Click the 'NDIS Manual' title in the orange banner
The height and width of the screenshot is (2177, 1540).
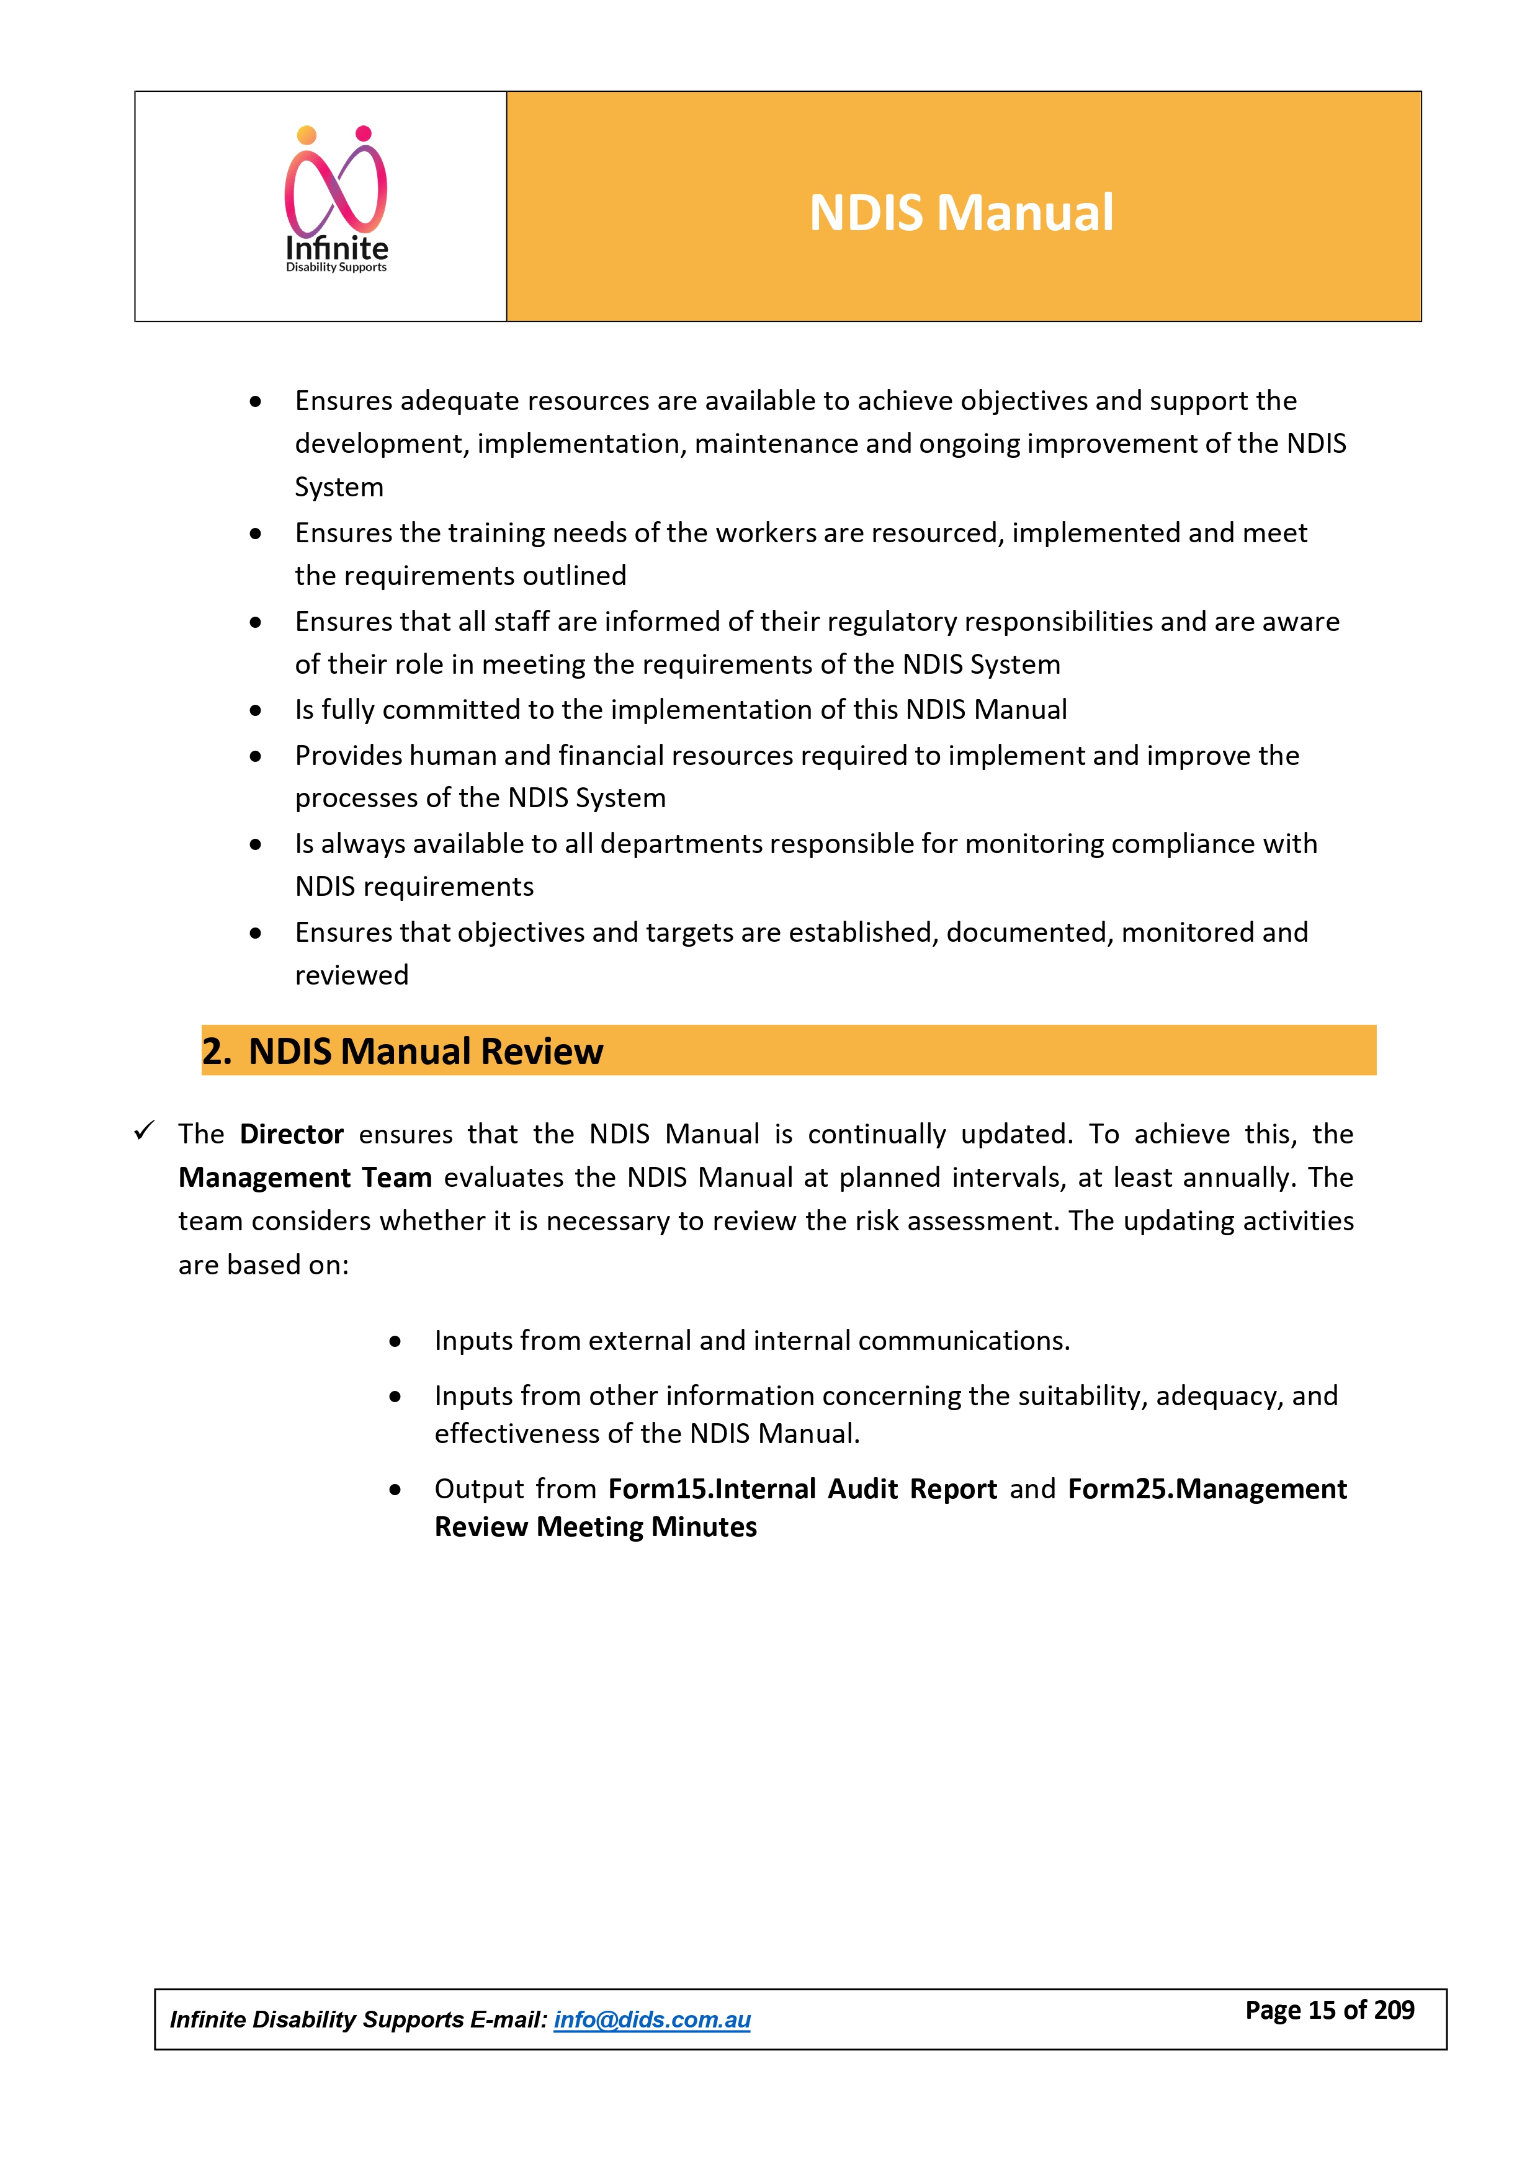pyautogui.click(x=960, y=212)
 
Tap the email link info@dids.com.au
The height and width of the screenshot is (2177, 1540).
pyautogui.click(x=651, y=2019)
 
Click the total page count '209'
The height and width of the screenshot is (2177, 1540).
pyautogui.click(x=1394, y=2010)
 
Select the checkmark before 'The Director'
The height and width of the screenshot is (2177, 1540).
pyautogui.click(x=144, y=1130)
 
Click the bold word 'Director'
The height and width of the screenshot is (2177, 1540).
pyautogui.click(x=291, y=1134)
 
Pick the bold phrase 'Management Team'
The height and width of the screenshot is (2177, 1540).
pyautogui.click(x=305, y=1178)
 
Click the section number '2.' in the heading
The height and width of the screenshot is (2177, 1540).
pyautogui.click(x=216, y=1052)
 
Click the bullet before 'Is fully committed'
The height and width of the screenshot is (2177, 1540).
pyautogui.click(x=255, y=710)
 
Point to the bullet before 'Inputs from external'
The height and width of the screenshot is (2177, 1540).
pyautogui.click(x=395, y=1342)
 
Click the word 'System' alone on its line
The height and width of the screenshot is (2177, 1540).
pyautogui.click(x=339, y=488)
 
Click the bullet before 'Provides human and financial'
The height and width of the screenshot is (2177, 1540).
pyautogui.click(x=255, y=757)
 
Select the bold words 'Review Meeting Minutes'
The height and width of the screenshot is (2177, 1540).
pyautogui.click(x=596, y=1527)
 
